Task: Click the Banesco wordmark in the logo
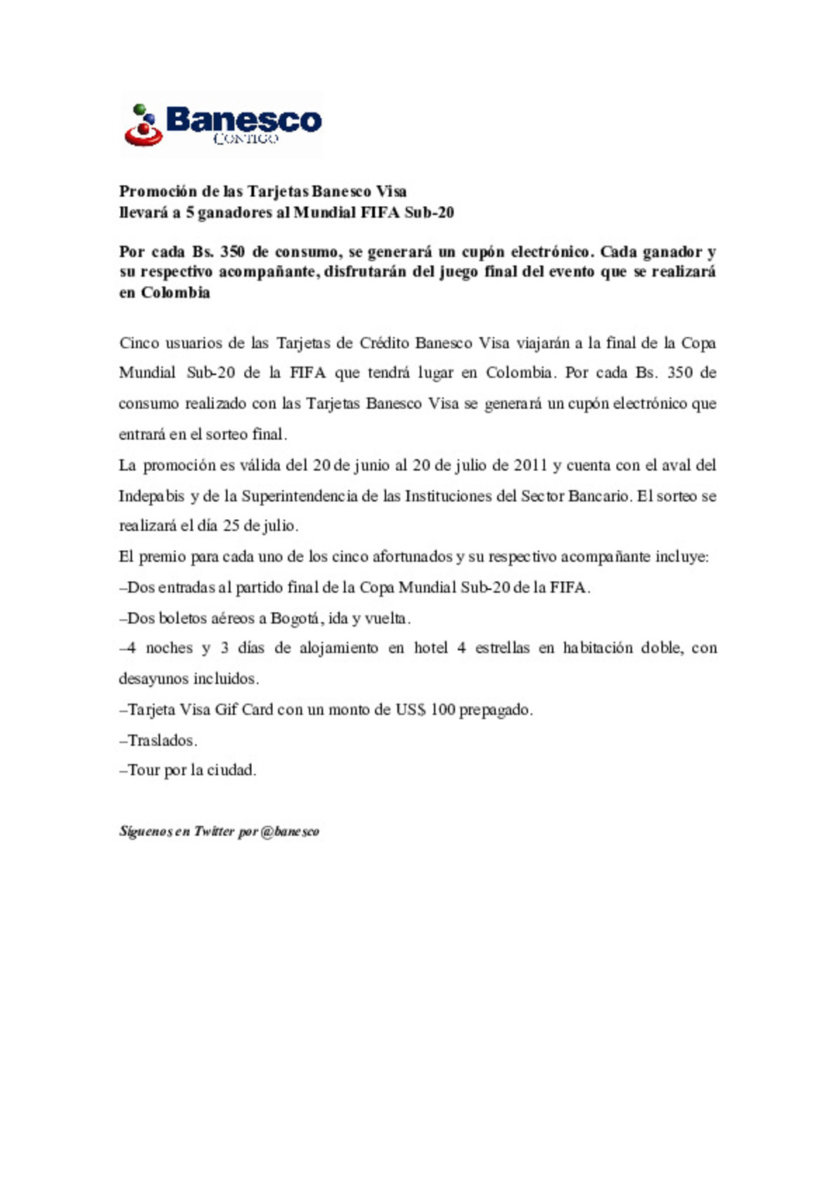click(x=243, y=119)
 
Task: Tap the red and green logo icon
click(x=143, y=126)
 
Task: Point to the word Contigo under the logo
click(x=245, y=139)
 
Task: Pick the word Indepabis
click(x=152, y=496)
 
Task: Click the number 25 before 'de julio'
click(x=231, y=525)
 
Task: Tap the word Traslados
click(x=162, y=741)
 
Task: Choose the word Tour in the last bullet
click(x=144, y=770)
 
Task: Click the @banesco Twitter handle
click(x=291, y=831)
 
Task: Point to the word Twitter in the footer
click(x=215, y=831)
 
